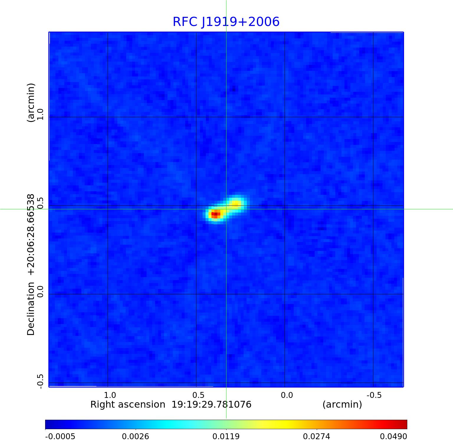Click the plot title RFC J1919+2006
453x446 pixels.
(x=226, y=22)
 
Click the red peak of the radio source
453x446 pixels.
(x=216, y=214)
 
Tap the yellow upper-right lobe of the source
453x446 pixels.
(x=236, y=203)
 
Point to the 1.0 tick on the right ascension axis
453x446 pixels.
(x=110, y=395)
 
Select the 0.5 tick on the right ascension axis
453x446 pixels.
(x=198, y=395)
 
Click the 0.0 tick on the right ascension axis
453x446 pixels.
(x=287, y=395)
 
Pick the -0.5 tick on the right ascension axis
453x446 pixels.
(x=374, y=395)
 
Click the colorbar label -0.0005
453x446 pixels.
(x=60, y=437)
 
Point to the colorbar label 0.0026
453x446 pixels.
(x=136, y=437)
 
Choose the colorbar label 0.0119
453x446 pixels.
(x=226, y=437)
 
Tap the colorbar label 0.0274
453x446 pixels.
(x=317, y=437)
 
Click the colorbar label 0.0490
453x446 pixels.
(x=393, y=437)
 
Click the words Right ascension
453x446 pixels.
(x=128, y=404)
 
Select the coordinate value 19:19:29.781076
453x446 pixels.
(x=211, y=404)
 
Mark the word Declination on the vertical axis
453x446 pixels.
(x=31, y=309)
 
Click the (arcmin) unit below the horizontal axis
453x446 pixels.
(x=342, y=404)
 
